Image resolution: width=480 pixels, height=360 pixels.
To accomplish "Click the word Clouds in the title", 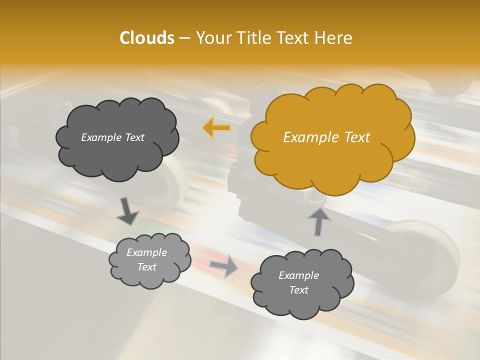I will point(146,38).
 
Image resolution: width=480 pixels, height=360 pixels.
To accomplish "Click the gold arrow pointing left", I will point(216,128).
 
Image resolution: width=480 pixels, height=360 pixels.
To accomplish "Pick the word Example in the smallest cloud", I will point(147,252).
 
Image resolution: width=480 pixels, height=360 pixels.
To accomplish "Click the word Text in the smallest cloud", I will point(147,267).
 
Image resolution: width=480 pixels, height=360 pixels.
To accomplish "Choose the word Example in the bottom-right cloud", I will point(298,275).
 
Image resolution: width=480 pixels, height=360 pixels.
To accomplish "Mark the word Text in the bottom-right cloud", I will point(298,290).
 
